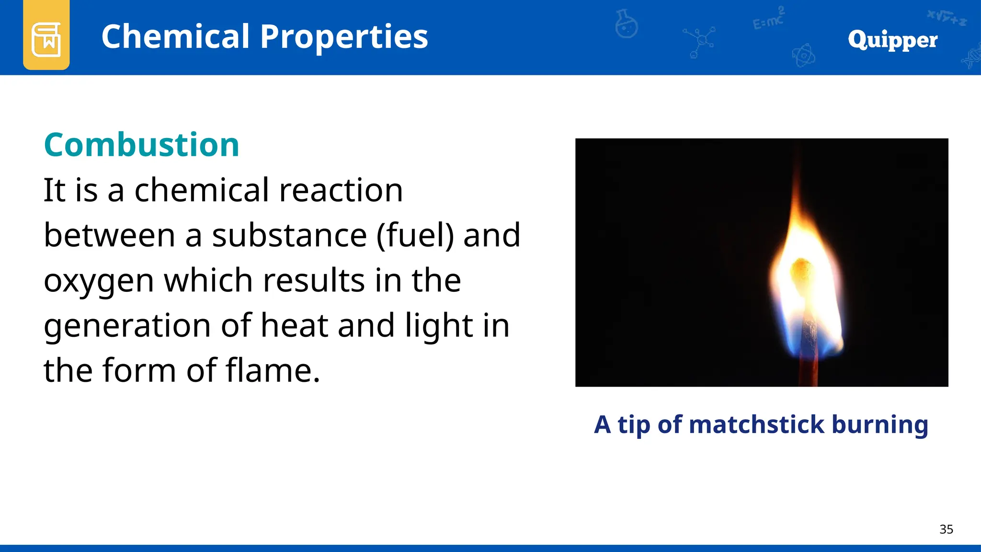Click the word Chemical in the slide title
175,37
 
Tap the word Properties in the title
344,37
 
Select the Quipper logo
892,40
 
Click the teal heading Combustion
141,145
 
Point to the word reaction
341,190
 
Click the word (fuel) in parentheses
415,235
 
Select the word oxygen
99,281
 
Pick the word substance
289,235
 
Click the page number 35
946,529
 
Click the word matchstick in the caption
757,425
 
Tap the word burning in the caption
880,425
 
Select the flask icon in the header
626,24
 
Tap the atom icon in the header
803,56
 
